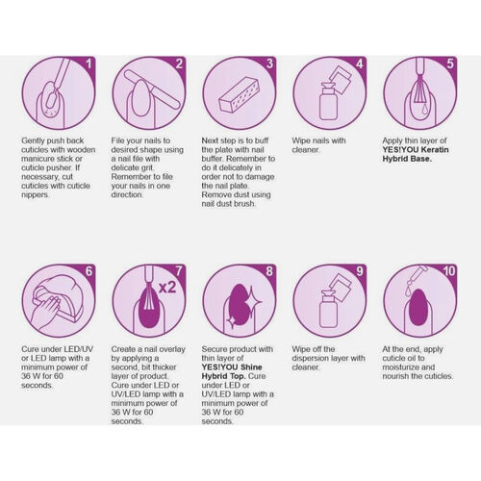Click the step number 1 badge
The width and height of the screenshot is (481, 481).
coord(89,63)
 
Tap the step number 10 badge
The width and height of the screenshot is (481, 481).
coord(449,271)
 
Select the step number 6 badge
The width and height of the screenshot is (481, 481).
coord(89,271)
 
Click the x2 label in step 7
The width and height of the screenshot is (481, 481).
coord(167,287)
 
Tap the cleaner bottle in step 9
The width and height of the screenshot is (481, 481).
coord(328,309)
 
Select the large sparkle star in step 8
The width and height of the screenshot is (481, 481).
coord(252,301)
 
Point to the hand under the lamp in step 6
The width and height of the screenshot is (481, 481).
coord(46,311)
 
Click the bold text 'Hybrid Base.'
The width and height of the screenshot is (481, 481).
coord(407,159)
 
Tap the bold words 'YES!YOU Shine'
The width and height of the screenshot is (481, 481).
coord(232,367)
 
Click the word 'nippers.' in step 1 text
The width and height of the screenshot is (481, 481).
coord(36,195)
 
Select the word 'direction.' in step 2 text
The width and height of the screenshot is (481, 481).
coord(127,194)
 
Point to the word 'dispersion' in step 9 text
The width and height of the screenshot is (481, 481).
coord(310,358)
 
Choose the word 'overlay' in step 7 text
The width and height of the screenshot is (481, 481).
coord(172,349)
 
